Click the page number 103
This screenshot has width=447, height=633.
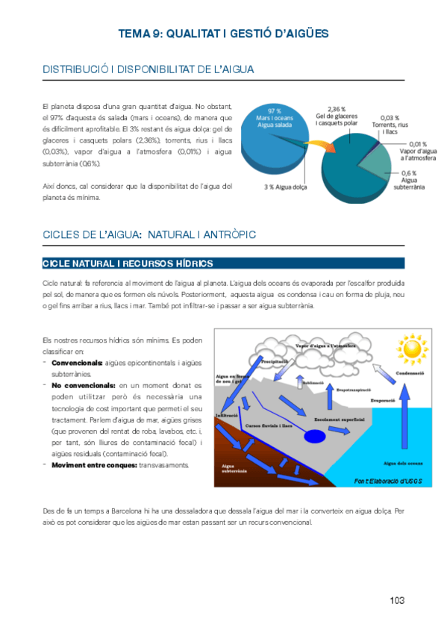396,601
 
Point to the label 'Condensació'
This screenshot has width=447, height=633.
410,374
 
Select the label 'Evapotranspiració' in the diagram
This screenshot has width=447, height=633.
354,390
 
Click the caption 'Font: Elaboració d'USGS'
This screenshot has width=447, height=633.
389,481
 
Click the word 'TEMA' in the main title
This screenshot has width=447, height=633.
134,34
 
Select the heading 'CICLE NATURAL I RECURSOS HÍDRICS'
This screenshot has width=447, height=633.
128,264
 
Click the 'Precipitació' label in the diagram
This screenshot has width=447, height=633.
275,361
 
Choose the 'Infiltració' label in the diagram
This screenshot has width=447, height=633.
227,415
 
